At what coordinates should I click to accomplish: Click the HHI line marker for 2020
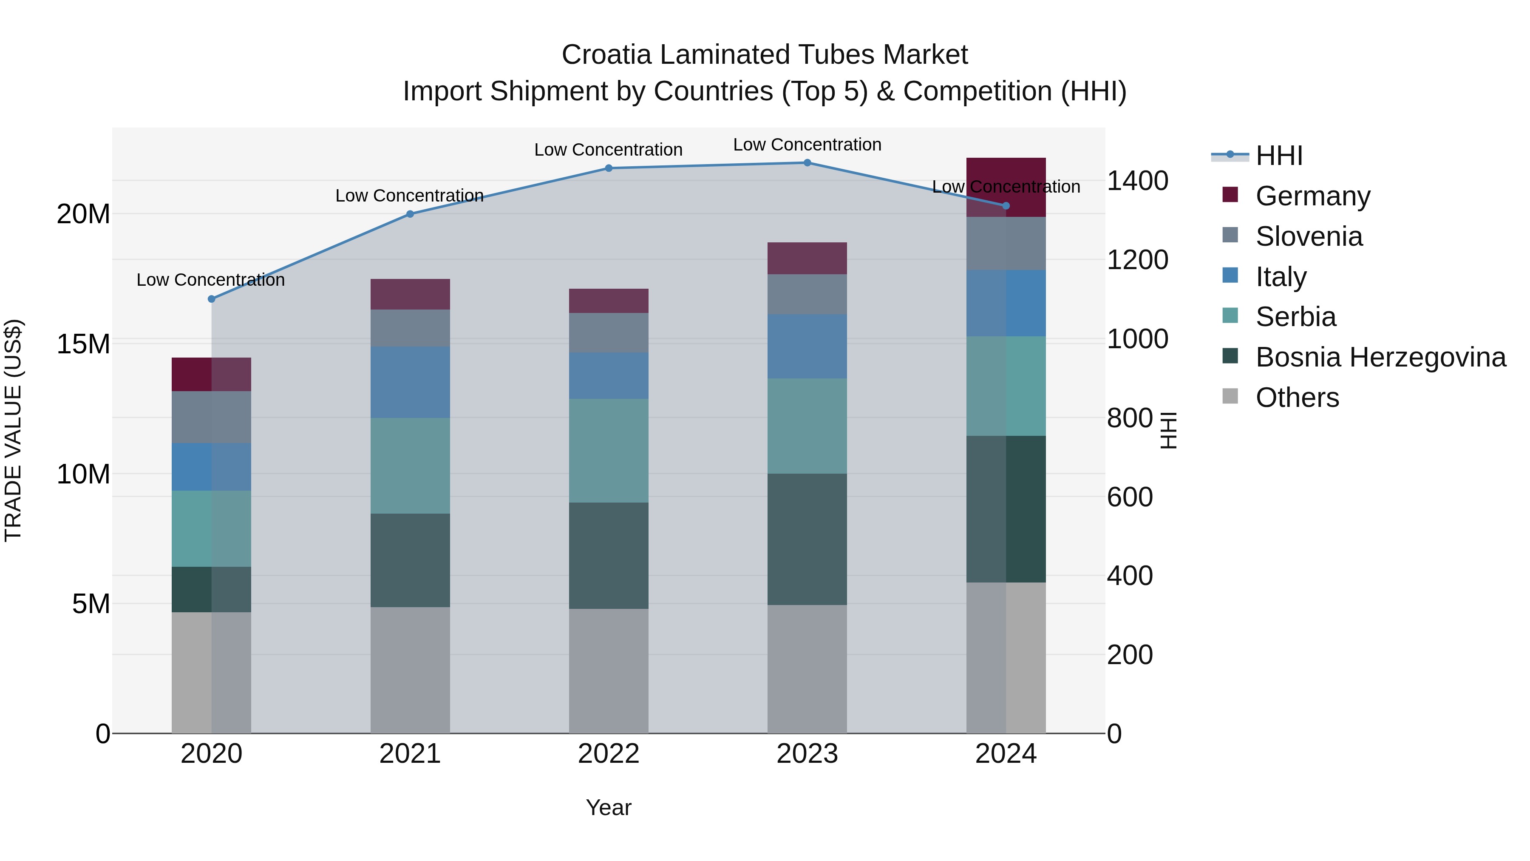click(x=212, y=299)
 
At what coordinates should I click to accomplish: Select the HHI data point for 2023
click(x=807, y=162)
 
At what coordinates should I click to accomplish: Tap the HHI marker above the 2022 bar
click(x=609, y=168)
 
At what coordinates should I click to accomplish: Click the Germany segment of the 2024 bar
click(x=1006, y=187)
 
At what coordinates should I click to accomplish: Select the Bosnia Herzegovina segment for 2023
click(x=807, y=539)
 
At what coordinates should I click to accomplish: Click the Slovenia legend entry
click(x=1309, y=236)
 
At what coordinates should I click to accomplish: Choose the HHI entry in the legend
click(x=1279, y=156)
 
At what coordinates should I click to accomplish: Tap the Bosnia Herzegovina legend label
click(x=1380, y=357)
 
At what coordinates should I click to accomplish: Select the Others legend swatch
click(x=1230, y=396)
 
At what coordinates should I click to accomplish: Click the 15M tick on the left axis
click(x=83, y=344)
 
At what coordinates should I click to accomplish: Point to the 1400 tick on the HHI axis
click(x=1137, y=181)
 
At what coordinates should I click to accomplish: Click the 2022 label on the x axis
click(x=609, y=754)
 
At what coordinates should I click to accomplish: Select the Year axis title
click(x=609, y=807)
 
